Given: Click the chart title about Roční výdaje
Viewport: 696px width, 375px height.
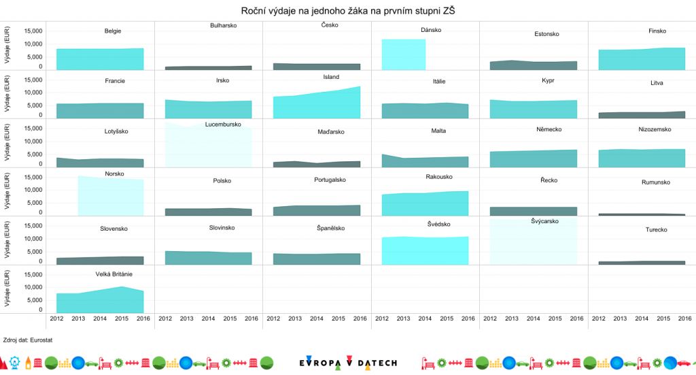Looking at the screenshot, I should click(347, 11).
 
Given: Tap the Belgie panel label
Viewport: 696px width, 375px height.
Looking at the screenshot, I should click(114, 31).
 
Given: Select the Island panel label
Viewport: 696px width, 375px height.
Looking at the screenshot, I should click(331, 77).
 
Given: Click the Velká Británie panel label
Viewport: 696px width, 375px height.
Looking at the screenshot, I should click(114, 274).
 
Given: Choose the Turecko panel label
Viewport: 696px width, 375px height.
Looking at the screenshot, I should click(656, 229).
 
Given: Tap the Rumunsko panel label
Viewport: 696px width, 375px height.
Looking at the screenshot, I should click(656, 182).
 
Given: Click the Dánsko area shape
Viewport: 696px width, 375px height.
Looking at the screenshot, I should click(404, 54).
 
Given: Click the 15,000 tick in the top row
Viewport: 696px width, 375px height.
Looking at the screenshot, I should click(33, 31).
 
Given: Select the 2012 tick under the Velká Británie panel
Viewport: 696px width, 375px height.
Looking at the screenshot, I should click(56, 319).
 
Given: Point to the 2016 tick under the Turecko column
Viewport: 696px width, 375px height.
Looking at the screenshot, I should click(684, 319).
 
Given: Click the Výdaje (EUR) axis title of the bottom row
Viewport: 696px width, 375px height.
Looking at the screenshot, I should click(7, 291).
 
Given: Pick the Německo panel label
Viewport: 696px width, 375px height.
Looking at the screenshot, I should click(548, 129).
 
